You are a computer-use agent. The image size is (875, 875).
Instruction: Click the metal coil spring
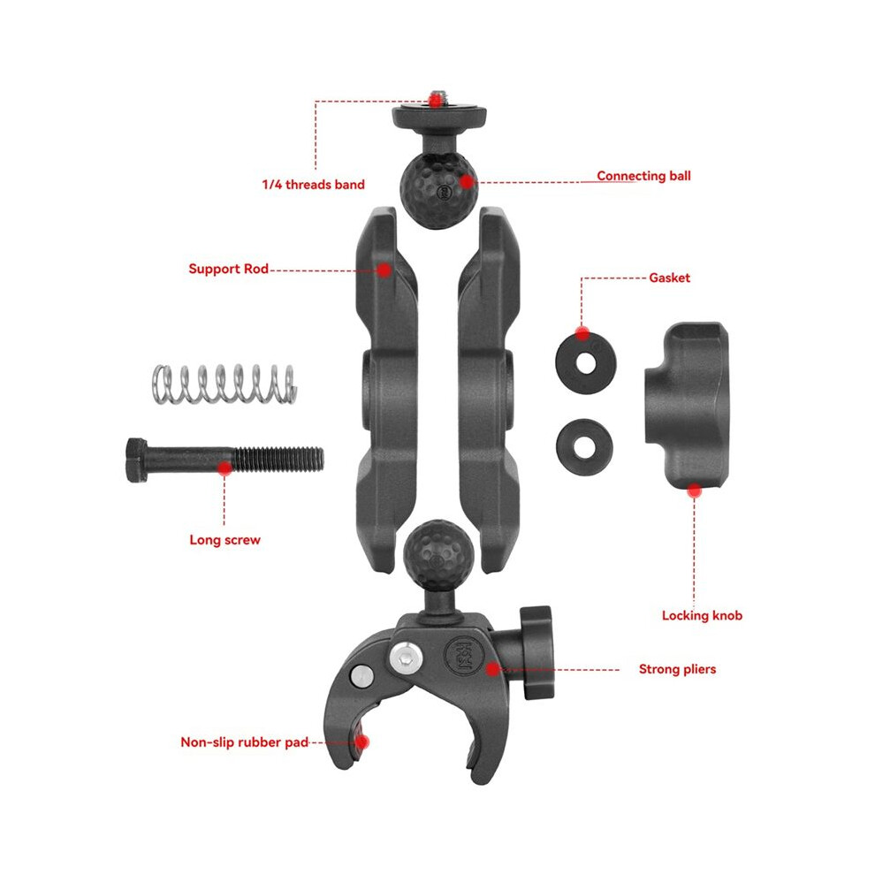pos(224,384)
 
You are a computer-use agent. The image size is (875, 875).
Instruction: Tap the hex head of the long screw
pos(137,460)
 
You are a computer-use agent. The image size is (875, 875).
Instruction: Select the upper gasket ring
pos(585,362)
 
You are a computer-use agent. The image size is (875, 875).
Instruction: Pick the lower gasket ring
pos(584,447)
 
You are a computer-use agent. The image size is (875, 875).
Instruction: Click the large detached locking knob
pos(688,405)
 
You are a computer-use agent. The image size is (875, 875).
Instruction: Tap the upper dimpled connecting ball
pos(439,190)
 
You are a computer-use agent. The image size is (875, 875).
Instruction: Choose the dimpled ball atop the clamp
pos(438,555)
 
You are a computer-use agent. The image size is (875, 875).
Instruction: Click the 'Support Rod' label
pos(228,269)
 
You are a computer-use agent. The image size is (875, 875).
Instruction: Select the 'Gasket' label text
pos(669,278)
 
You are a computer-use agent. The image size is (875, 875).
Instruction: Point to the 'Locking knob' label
pos(702,615)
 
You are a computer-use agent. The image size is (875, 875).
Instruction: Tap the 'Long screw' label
pos(224,540)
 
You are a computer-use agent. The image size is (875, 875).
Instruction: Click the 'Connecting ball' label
pos(643,176)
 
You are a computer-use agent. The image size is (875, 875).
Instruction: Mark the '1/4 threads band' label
pos(313,185)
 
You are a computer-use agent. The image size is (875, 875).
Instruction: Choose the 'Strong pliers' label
pos(677,669)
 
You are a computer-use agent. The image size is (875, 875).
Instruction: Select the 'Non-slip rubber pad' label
pos(245,742)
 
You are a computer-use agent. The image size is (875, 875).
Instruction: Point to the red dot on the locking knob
pos(694,491)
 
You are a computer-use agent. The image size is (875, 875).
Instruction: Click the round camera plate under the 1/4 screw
pos(439,116)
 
